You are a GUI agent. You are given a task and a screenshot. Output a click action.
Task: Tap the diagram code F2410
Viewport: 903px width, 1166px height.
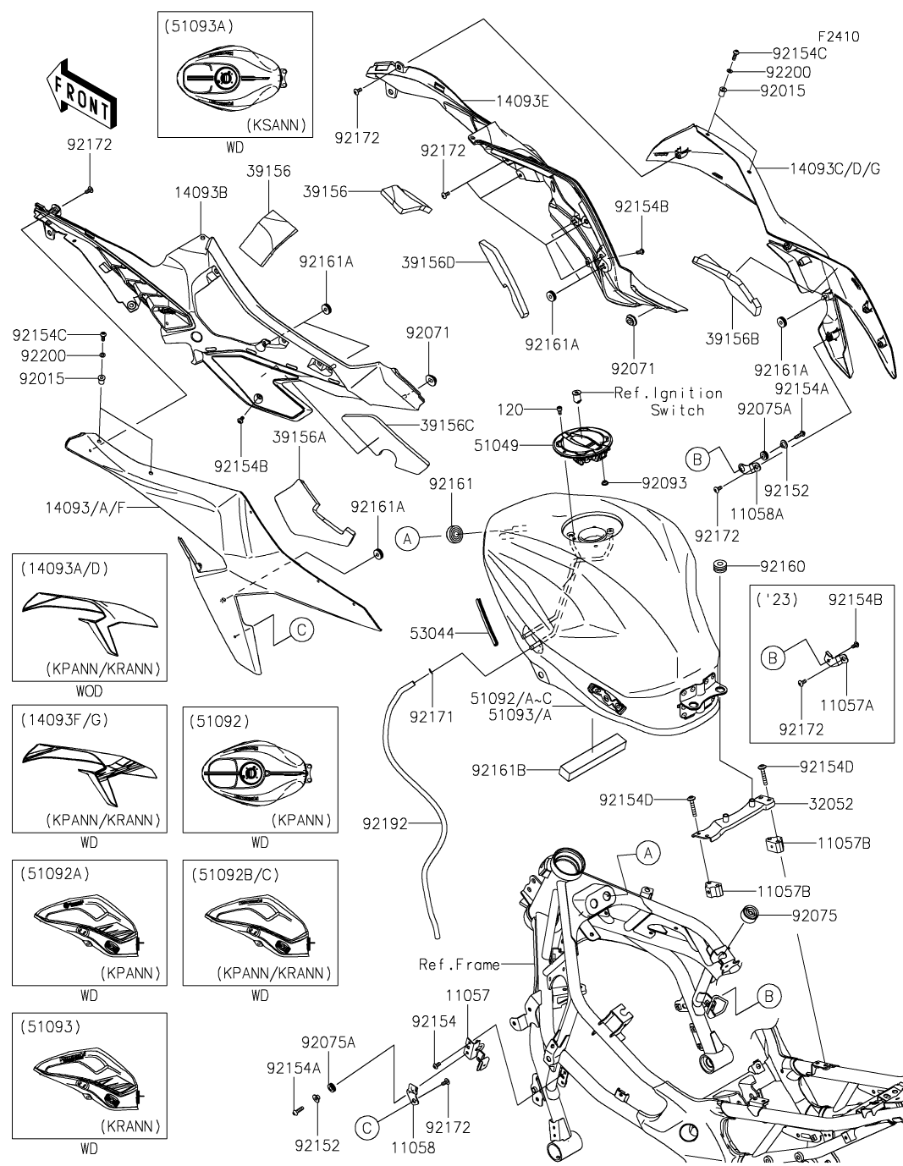point(837,36)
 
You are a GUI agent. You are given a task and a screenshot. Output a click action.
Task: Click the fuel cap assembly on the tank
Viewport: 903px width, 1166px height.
point(582,443)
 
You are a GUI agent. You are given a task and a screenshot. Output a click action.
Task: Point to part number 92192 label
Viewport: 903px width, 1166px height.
point(385,822)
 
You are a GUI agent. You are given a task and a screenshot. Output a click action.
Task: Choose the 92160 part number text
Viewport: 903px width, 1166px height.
point(782,566)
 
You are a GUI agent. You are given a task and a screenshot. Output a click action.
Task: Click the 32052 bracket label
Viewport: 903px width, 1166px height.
point(830,804)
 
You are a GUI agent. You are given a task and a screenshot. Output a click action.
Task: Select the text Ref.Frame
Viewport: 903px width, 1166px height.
point(460,964)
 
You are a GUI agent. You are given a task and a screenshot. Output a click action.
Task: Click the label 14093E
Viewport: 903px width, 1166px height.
point(521,102)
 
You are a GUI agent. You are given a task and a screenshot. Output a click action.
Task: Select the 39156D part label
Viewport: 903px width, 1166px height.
point(428,263)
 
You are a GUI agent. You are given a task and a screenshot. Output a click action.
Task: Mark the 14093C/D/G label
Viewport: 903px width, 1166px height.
point(834,168)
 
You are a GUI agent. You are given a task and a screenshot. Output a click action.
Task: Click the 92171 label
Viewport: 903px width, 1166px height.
point(432,716)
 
